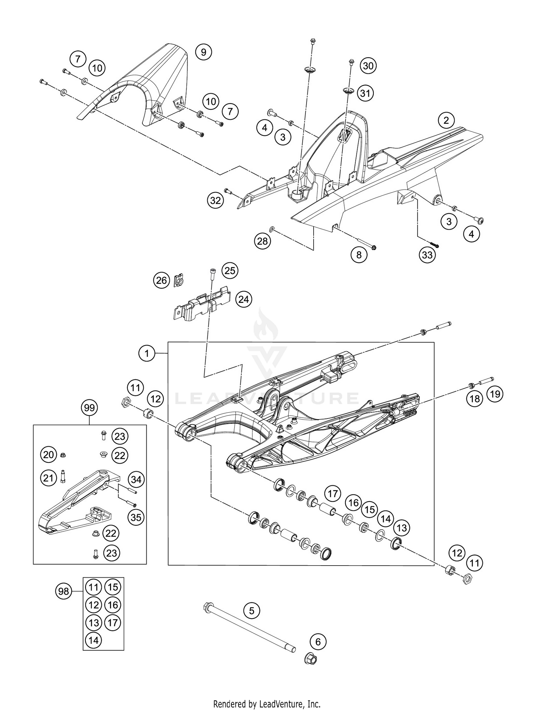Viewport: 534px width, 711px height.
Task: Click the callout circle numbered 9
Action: coord(203,53)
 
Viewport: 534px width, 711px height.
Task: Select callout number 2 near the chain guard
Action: coord(446,121)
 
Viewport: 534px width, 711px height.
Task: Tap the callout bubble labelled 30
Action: coord(368,66)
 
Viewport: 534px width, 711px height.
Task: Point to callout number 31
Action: coord(365,93)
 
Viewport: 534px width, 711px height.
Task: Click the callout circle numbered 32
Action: coord(215,201)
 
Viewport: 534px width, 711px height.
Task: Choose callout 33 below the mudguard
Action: coord(427,255)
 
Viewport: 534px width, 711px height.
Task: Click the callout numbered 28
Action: coord(262,241)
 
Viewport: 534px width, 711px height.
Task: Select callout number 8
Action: coord(358,255)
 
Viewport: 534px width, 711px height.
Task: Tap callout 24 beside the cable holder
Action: coord(244,299)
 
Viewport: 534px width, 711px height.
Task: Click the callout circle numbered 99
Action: coord(89,408)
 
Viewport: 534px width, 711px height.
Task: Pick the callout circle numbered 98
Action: coord(64,592)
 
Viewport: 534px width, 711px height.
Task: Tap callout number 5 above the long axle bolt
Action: coord(252,611)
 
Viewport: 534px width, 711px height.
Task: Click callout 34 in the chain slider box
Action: coord(136,480)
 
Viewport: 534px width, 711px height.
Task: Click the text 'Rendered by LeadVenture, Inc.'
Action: coord(267,704)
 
